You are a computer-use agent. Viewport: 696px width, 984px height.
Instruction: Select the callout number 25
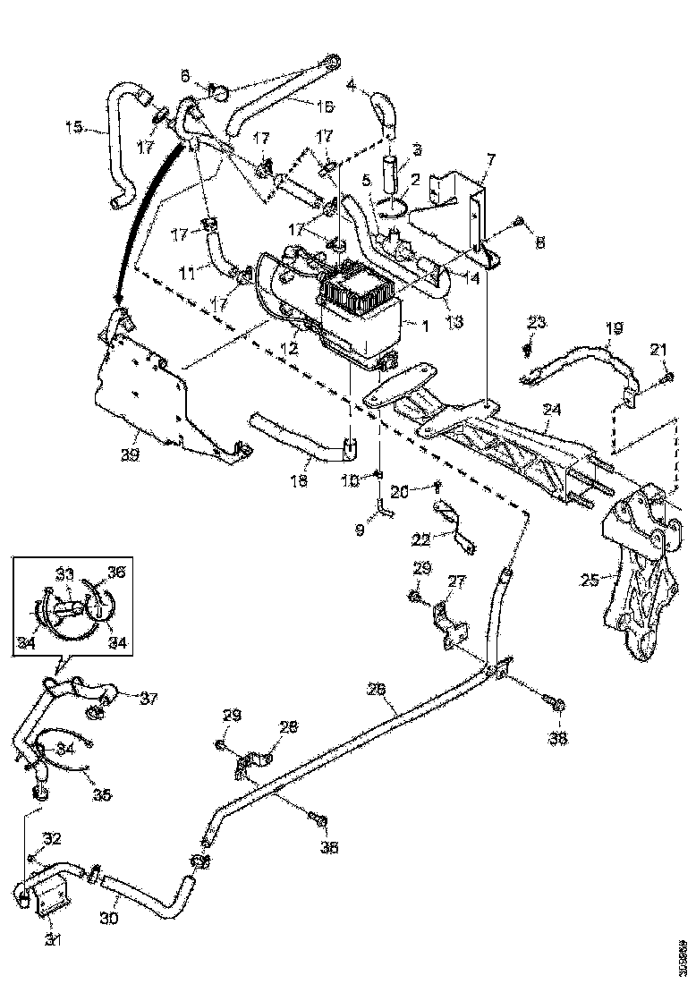[x=590, y=579]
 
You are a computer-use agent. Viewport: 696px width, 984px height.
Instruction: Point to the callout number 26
[x=377, y=689]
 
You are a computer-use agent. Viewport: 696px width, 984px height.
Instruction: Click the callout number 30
[x=110, y=918]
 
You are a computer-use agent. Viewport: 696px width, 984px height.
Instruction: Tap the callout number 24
[x=552, y=410]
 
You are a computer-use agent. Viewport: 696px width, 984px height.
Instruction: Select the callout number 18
[x=298, y=481]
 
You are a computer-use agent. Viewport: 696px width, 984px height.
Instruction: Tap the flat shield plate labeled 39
[x=143, y=394]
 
